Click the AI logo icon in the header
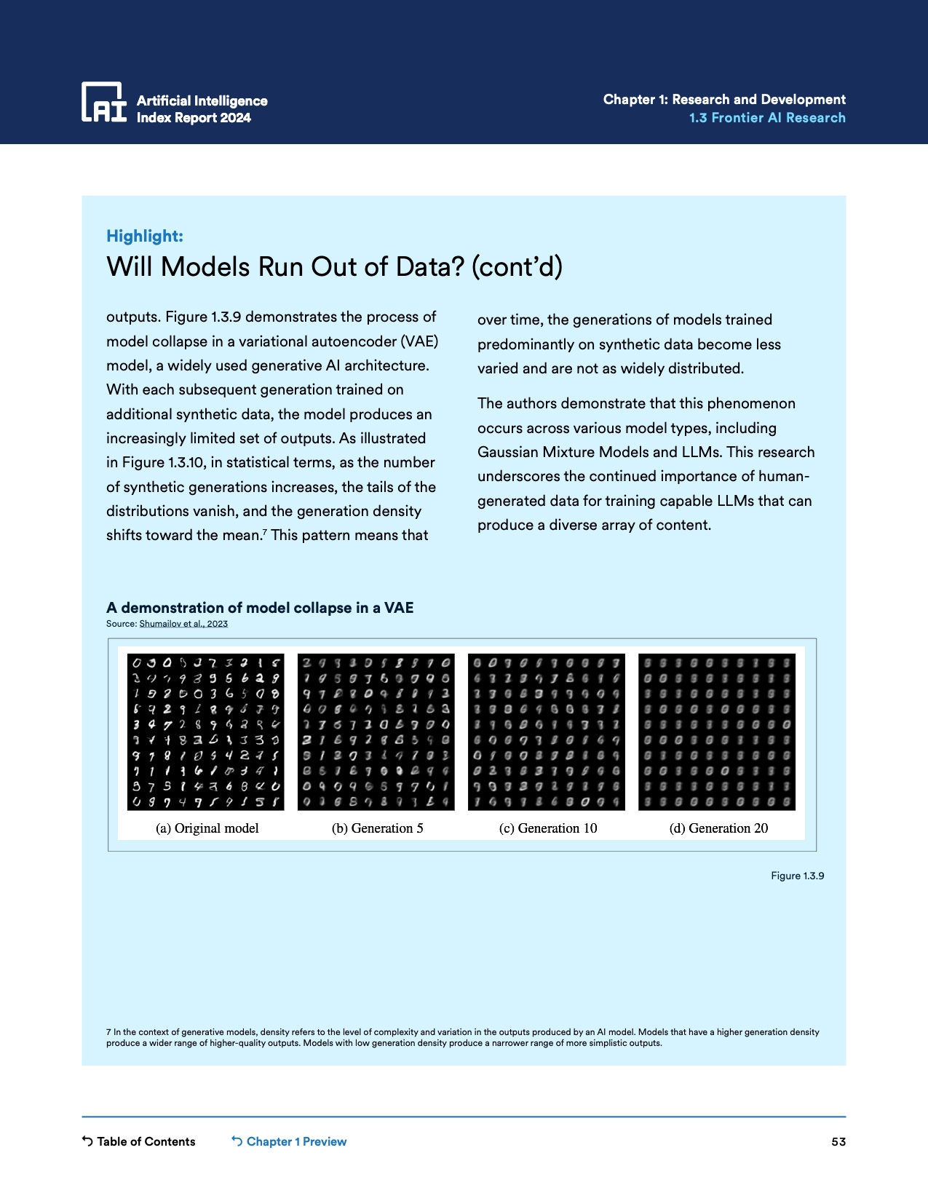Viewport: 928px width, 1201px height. [103, 101]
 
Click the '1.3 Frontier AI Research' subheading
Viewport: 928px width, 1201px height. [767, 118]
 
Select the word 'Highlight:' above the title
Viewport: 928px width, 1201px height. [145, 236]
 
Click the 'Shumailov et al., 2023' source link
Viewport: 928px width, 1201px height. [183, 624]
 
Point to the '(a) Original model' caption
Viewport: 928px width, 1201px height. [207, 828]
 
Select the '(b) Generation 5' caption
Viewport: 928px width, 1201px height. [377, 828]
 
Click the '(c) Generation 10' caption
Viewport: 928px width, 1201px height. [548, 828]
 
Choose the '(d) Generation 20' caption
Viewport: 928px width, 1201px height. [718, 828]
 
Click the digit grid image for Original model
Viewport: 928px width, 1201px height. [206, 732]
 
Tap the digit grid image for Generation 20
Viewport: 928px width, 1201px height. [717, 732]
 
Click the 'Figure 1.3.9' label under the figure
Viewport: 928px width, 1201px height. [797, 876]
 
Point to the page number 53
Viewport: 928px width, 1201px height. [838, 1141]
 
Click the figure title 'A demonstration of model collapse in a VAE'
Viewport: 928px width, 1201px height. [260, 608]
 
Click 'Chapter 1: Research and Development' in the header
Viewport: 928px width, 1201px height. [724, 100]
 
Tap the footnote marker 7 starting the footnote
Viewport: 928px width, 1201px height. [108, 1032]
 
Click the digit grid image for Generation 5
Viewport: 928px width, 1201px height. [376, 732]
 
